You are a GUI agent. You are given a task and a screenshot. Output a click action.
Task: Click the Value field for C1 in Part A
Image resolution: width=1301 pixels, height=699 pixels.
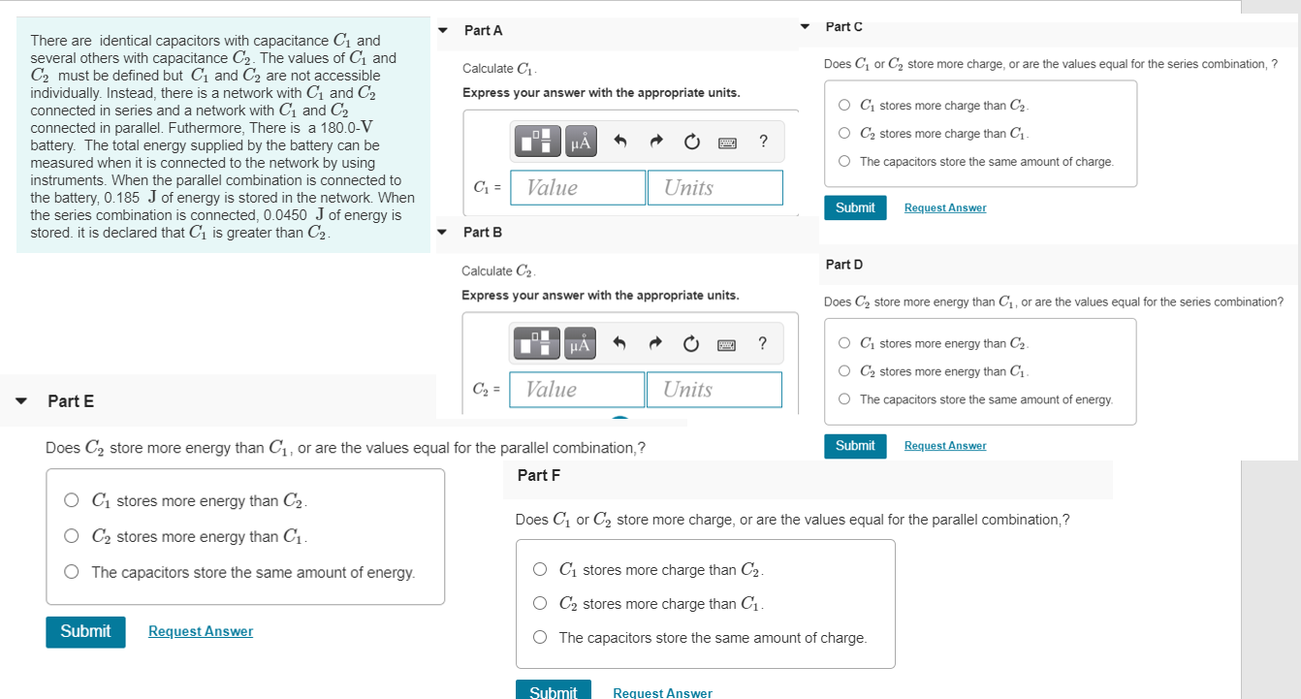[x=578, y=188]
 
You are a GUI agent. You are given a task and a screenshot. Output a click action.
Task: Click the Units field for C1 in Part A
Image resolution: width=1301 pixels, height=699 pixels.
[x=714, y=188]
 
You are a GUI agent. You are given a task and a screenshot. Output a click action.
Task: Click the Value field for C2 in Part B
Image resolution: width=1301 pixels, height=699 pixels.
[x=577, y=390]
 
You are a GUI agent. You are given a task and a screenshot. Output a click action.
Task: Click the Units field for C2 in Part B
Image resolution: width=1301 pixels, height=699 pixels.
[x=714, y=390]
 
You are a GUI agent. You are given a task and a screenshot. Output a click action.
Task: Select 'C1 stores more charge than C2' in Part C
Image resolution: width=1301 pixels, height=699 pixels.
[x=845, y=106]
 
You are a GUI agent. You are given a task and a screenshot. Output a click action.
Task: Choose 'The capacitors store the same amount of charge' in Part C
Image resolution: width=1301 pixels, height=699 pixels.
[x=845, y=162]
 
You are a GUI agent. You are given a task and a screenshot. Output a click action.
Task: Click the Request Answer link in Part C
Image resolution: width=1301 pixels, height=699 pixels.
[x=944, y=208]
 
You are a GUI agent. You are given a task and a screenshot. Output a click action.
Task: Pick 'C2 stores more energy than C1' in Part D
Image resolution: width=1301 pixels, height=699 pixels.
[x=845, y=371]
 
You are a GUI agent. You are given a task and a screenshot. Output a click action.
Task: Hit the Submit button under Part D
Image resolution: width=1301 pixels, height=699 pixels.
[x=855, y=446]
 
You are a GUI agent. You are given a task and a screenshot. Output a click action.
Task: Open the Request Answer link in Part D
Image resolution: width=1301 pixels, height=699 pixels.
[x=944, y=446]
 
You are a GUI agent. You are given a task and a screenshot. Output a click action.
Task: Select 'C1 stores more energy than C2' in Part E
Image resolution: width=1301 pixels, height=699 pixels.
[x=72, y=501]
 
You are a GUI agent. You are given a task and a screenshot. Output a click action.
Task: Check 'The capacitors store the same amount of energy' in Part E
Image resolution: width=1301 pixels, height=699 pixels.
[x=72, y=572]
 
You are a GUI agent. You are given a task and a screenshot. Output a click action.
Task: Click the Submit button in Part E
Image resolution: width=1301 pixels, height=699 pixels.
[x=85, y=632]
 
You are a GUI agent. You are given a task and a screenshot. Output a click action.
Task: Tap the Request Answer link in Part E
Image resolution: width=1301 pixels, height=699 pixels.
[x=200, y=632]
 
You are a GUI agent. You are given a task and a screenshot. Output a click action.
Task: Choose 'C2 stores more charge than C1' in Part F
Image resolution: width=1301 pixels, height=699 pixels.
[x=540, y=604]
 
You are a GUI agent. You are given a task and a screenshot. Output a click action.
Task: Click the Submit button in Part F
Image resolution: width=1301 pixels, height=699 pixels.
[x=553, y=691]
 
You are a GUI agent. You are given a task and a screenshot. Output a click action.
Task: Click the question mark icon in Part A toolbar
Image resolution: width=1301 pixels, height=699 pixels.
[x=764, y=143]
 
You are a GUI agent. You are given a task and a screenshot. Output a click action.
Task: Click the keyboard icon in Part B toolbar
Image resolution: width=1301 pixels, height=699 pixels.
[x=727, y=344]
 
